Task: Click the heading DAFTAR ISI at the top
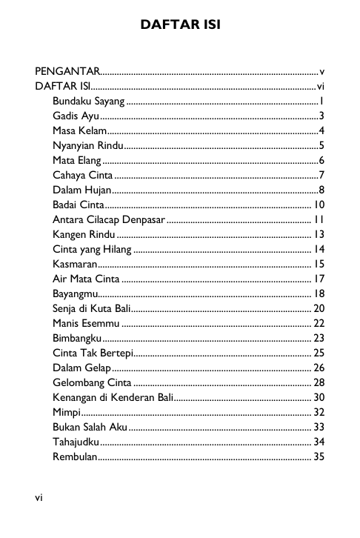(180, 27)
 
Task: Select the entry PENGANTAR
(68, 72)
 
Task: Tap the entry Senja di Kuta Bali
(93, 308)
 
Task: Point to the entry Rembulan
(75, 456)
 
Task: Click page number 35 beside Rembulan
(319, 456)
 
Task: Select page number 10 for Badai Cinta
(319, 205)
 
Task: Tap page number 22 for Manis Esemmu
(319, 323)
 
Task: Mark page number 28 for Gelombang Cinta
(319, 382)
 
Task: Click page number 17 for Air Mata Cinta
(319, 279)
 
